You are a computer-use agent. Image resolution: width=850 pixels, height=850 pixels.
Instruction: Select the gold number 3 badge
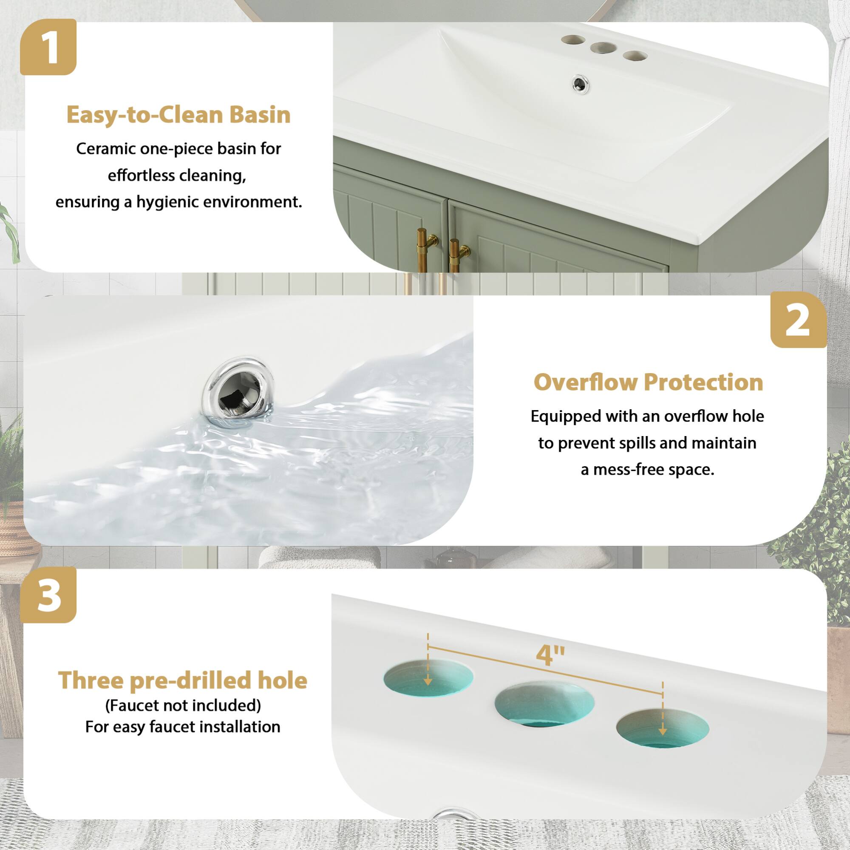coord(48,595)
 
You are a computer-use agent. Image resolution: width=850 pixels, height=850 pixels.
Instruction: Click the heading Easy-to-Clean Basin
coord(178,115)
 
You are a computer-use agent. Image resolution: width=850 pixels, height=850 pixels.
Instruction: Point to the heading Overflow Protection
coord(648,382)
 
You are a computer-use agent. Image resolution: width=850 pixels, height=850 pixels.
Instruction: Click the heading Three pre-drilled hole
coord(183,680)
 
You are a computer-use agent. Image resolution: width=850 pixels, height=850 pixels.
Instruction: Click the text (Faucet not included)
coord(183,705)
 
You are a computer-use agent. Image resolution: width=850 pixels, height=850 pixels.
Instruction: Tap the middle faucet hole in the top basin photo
coord(601,48)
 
